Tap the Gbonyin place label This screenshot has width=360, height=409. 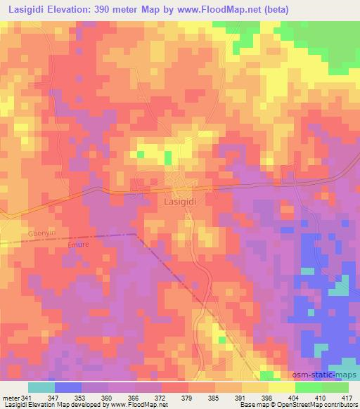click(19, 231)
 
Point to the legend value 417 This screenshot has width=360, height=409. click(347, 397)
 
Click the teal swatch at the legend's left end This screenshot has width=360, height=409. click(41, 387)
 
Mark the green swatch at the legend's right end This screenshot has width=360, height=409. click(335, 387)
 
